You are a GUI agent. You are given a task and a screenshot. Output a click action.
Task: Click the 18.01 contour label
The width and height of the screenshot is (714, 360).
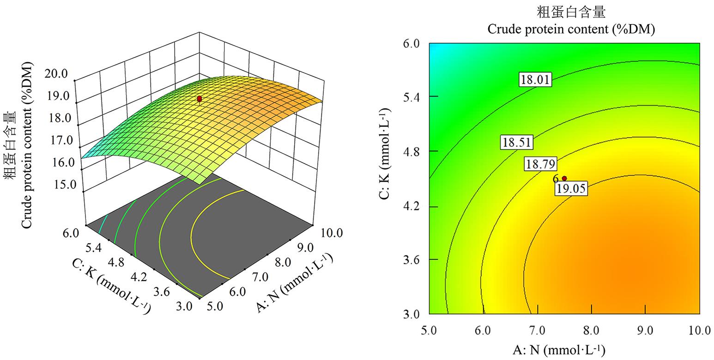point(535,80)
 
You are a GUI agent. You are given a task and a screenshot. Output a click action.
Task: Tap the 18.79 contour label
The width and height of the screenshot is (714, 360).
point(539,164)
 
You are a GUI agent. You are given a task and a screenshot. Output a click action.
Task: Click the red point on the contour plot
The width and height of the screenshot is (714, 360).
point(564,178)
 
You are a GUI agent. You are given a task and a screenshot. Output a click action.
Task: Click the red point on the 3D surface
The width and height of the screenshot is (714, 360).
point(200,99)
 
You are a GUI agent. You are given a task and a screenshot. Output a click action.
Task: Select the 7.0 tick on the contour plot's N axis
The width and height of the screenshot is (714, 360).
point(537,330)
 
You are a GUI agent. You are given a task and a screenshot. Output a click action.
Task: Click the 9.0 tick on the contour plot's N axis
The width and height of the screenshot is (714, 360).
point(645,330)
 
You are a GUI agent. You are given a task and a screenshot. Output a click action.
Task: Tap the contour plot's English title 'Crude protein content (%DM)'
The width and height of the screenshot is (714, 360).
point(571,29)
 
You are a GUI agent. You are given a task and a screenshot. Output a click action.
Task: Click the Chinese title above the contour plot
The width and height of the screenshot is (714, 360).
point(571,12)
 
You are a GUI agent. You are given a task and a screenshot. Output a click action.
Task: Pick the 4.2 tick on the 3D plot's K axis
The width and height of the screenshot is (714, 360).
point(139,277)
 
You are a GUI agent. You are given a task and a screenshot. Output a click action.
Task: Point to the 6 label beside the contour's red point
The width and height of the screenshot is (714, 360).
point(556,179)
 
